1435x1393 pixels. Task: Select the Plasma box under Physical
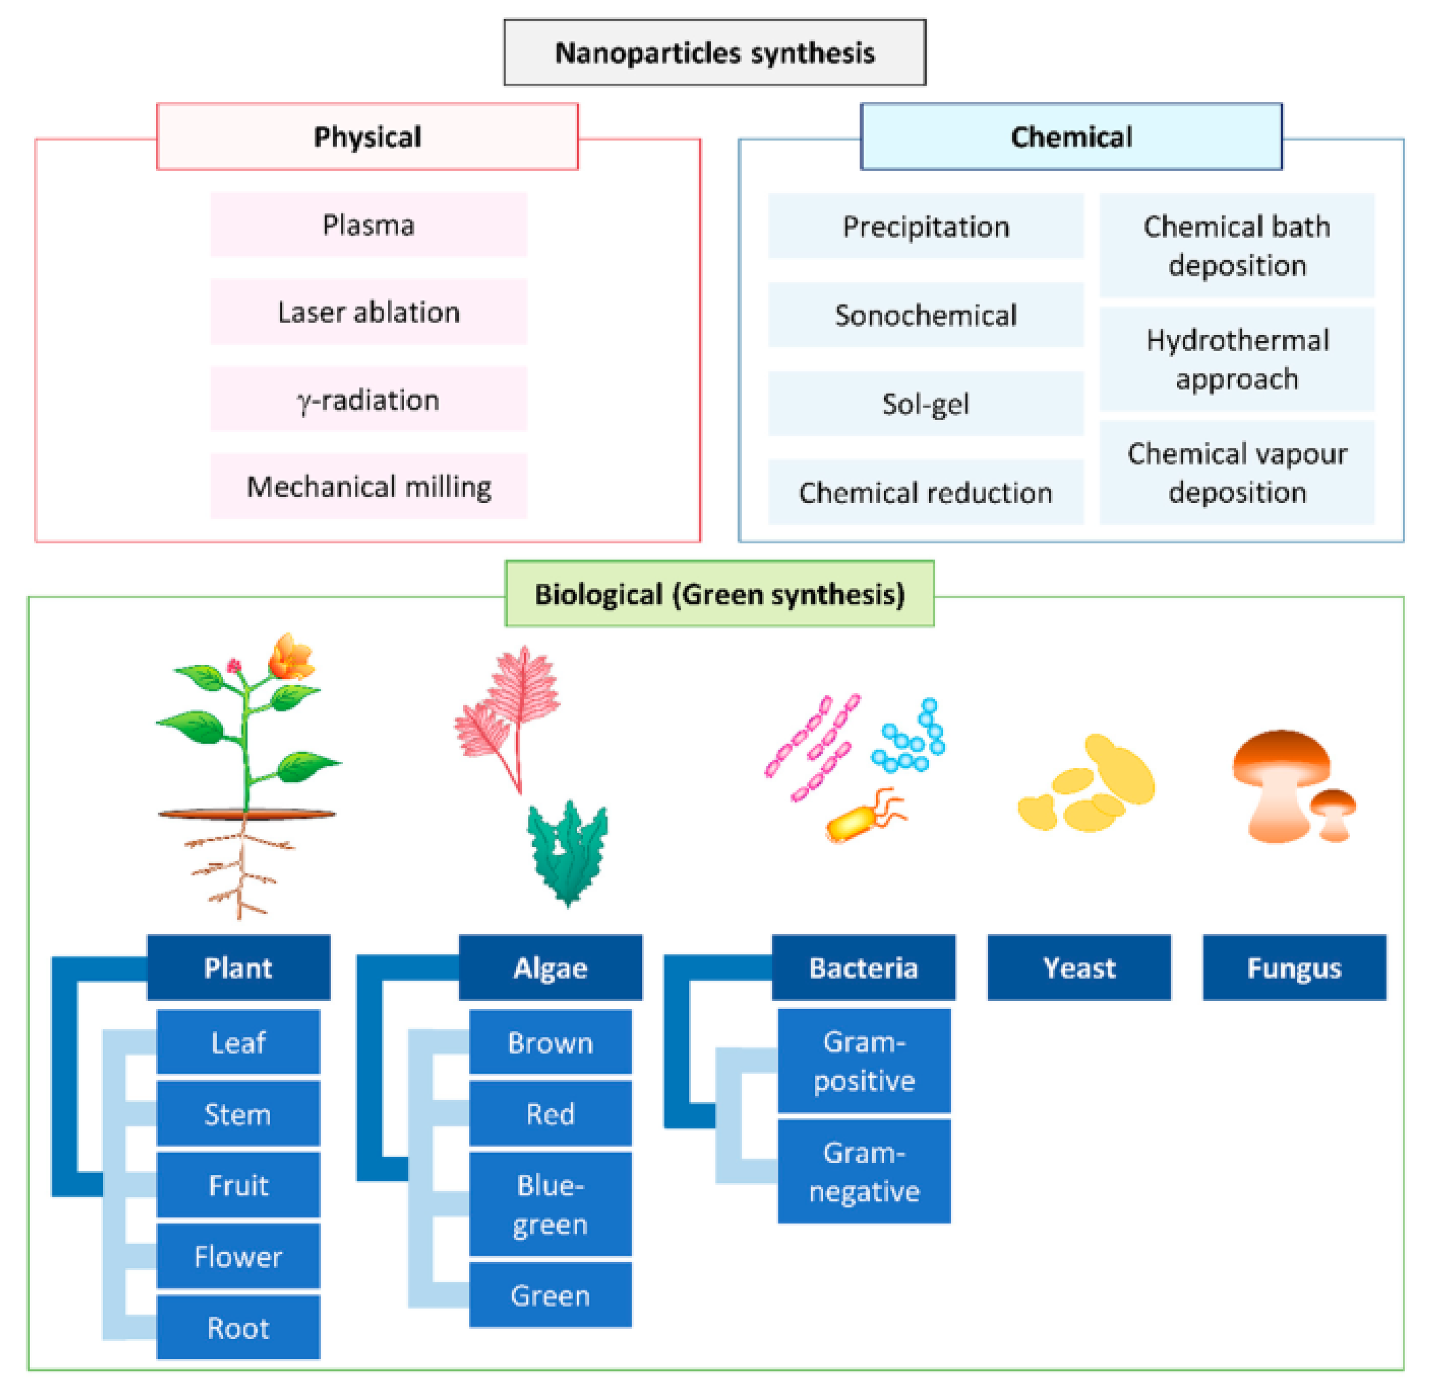coord(368,225)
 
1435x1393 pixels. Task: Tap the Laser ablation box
coord(368,312)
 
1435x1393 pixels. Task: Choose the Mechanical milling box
coord(368,487)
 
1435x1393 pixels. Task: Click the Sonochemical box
coord(926,315)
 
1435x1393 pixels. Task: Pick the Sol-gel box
coord(926,403)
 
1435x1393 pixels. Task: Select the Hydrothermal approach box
coord(1236,359)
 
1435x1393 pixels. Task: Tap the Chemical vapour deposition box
coord(1236,473)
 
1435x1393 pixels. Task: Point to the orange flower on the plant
coord(291,657)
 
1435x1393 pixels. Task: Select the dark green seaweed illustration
coord(567,854)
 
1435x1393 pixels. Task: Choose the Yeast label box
coord(1078,968)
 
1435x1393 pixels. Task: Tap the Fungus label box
coord(1294,968)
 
